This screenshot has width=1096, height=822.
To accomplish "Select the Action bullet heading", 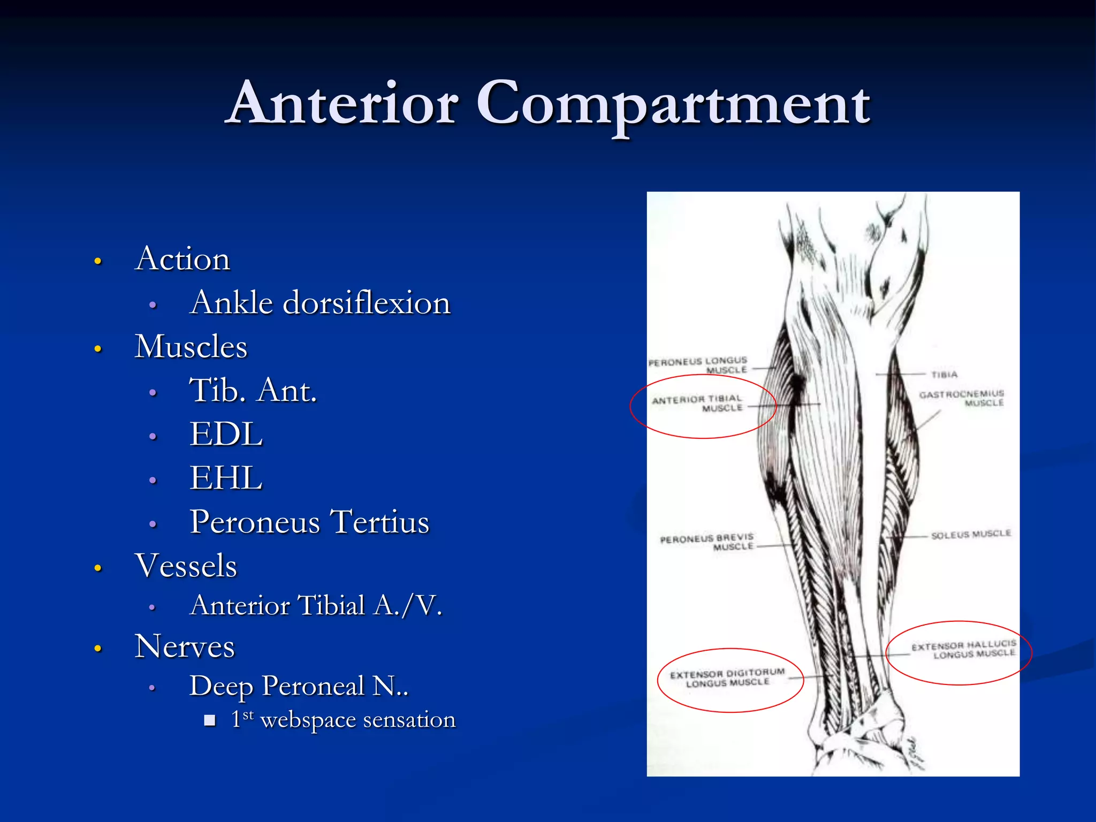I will tap(182, 259).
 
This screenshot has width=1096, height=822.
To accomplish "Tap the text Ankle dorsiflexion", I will tap(320, 303).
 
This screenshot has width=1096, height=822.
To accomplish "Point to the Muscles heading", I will tap(191, 347).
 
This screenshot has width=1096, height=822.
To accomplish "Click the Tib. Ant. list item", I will tap(253, 390).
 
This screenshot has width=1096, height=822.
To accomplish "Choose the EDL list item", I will tap(226, 434).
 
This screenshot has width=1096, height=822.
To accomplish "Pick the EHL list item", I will tap(226, 478).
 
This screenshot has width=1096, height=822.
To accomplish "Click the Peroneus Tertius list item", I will tap(309, 522).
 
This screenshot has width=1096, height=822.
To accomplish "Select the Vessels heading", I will tap(186, 566).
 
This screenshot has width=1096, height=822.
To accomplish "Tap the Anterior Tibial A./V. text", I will tap(316, 606).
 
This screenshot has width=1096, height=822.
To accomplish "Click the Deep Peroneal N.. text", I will tap(299, 686).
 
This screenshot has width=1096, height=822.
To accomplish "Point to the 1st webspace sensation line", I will tap(343, 720).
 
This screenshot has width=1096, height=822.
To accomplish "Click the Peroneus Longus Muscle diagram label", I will tap(698, 365).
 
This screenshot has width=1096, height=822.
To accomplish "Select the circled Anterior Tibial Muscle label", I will tap(697, 404).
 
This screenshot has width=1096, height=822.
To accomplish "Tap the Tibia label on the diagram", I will tap(944, 375).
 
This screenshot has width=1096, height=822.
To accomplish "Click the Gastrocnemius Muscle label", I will tap(962, 398).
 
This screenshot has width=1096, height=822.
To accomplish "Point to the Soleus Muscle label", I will tap(971, 534).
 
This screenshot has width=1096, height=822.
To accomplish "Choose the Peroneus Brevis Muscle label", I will tap(707, 542).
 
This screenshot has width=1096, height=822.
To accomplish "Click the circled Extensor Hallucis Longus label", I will tap(963, 650).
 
